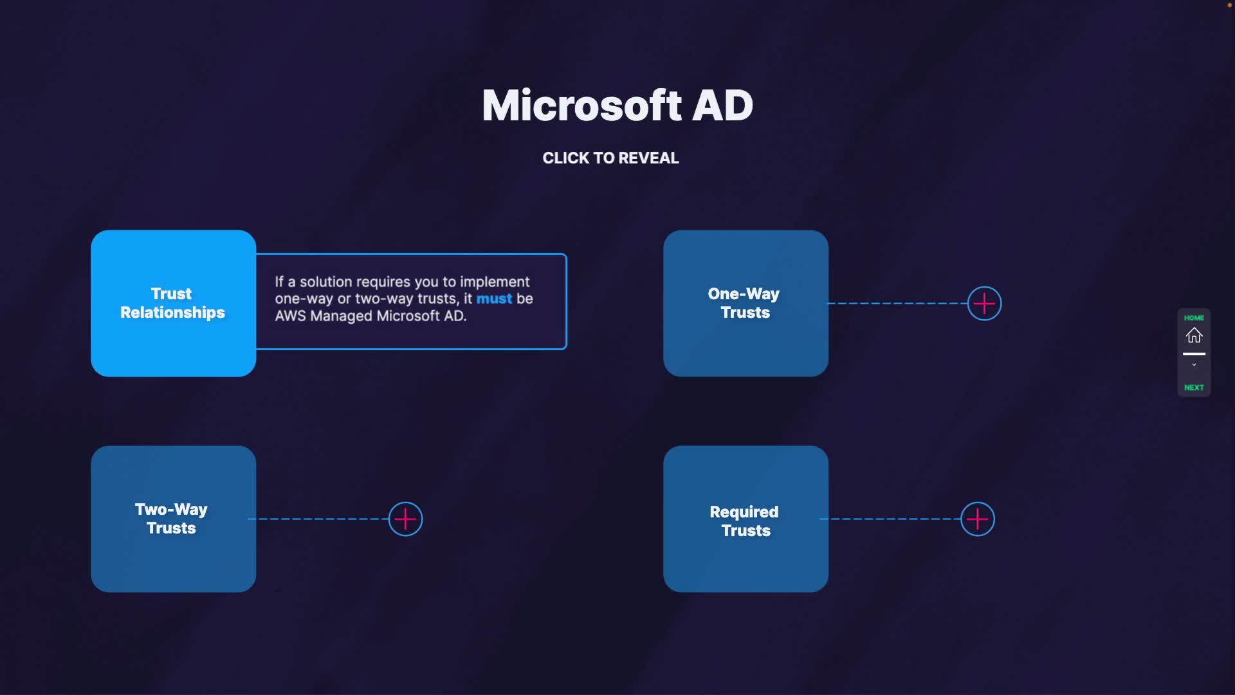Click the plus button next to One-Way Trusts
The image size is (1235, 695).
(x=984, y=303)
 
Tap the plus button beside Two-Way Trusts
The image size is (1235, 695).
(x=405, y=519)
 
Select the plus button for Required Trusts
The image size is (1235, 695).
(x=977, y=519)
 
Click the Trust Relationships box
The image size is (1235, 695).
(x=173, y=303)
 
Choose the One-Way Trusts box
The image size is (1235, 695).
(x=746, y=303)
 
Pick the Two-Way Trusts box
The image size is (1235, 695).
(x=173, y=519)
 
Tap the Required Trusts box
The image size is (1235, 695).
(x=746, y=519)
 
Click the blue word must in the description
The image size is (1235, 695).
(x=494, y=299)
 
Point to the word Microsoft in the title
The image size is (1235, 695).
(x=581, y=105)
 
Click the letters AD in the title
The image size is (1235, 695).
(x=722, y=105)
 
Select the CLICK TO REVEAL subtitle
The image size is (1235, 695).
(x=610, y=158)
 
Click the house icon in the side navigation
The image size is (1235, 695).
(x=1194, y=335)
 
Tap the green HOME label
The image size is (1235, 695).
(x=1194, y=318)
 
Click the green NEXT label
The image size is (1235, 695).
(x=1194, y=387)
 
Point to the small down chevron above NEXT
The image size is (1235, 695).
(x=1194, y=365)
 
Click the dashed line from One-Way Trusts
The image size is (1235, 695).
(x=897, y=303)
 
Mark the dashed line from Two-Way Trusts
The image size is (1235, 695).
(x=318, y=519)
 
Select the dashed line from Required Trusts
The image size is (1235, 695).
(x=891, y=519)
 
